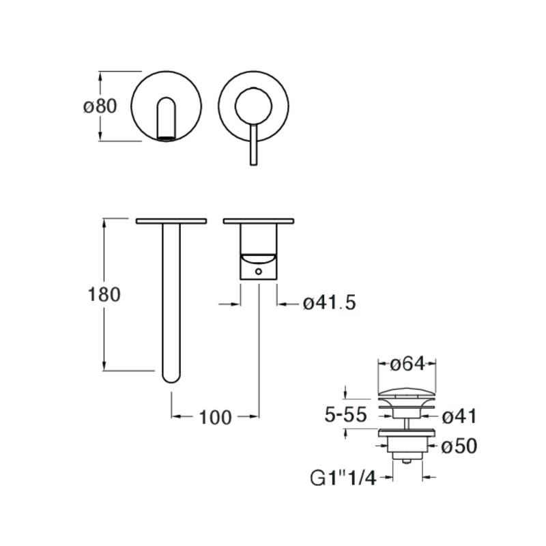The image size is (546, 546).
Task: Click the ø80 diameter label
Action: (x=100, y=106)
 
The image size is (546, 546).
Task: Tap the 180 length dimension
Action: (x=104, y=294)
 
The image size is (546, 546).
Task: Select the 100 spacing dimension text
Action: (x=215, y=417)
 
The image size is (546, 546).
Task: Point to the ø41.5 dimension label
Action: (x=330, y=302)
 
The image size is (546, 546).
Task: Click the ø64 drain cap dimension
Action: (x=407, y=364)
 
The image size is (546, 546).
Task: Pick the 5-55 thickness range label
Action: (x=345, y=414)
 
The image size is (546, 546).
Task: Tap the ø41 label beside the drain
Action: (x=459, y=416)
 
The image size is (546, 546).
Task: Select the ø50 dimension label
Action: (x=459, y=446)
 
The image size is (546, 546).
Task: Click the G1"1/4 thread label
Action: (x=343, y=478)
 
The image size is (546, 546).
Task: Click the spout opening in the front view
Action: (x=167, y=139)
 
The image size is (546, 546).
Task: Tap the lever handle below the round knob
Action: (x=253, y=144)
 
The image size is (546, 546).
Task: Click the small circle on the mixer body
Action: (x=259, y=270)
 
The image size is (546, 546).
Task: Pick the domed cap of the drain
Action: (x=407, y=393)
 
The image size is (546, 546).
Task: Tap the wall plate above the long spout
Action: (x=171, y=221)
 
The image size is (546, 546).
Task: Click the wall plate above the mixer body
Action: (x=259, y=221)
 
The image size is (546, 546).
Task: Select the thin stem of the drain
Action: (x=407, y=422)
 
